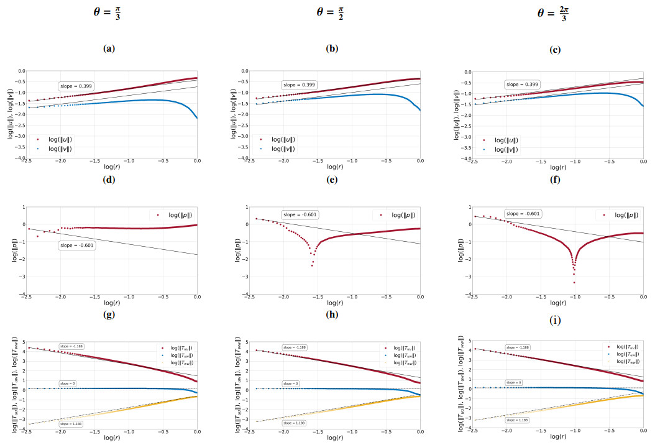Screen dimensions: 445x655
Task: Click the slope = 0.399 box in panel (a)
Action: tap(77, 86)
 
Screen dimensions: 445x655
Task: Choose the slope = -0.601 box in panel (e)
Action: tap(300, 214)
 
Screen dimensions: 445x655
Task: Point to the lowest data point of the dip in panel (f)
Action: tap(574, 282)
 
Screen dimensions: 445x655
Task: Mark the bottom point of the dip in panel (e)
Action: tap(312, 265)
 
